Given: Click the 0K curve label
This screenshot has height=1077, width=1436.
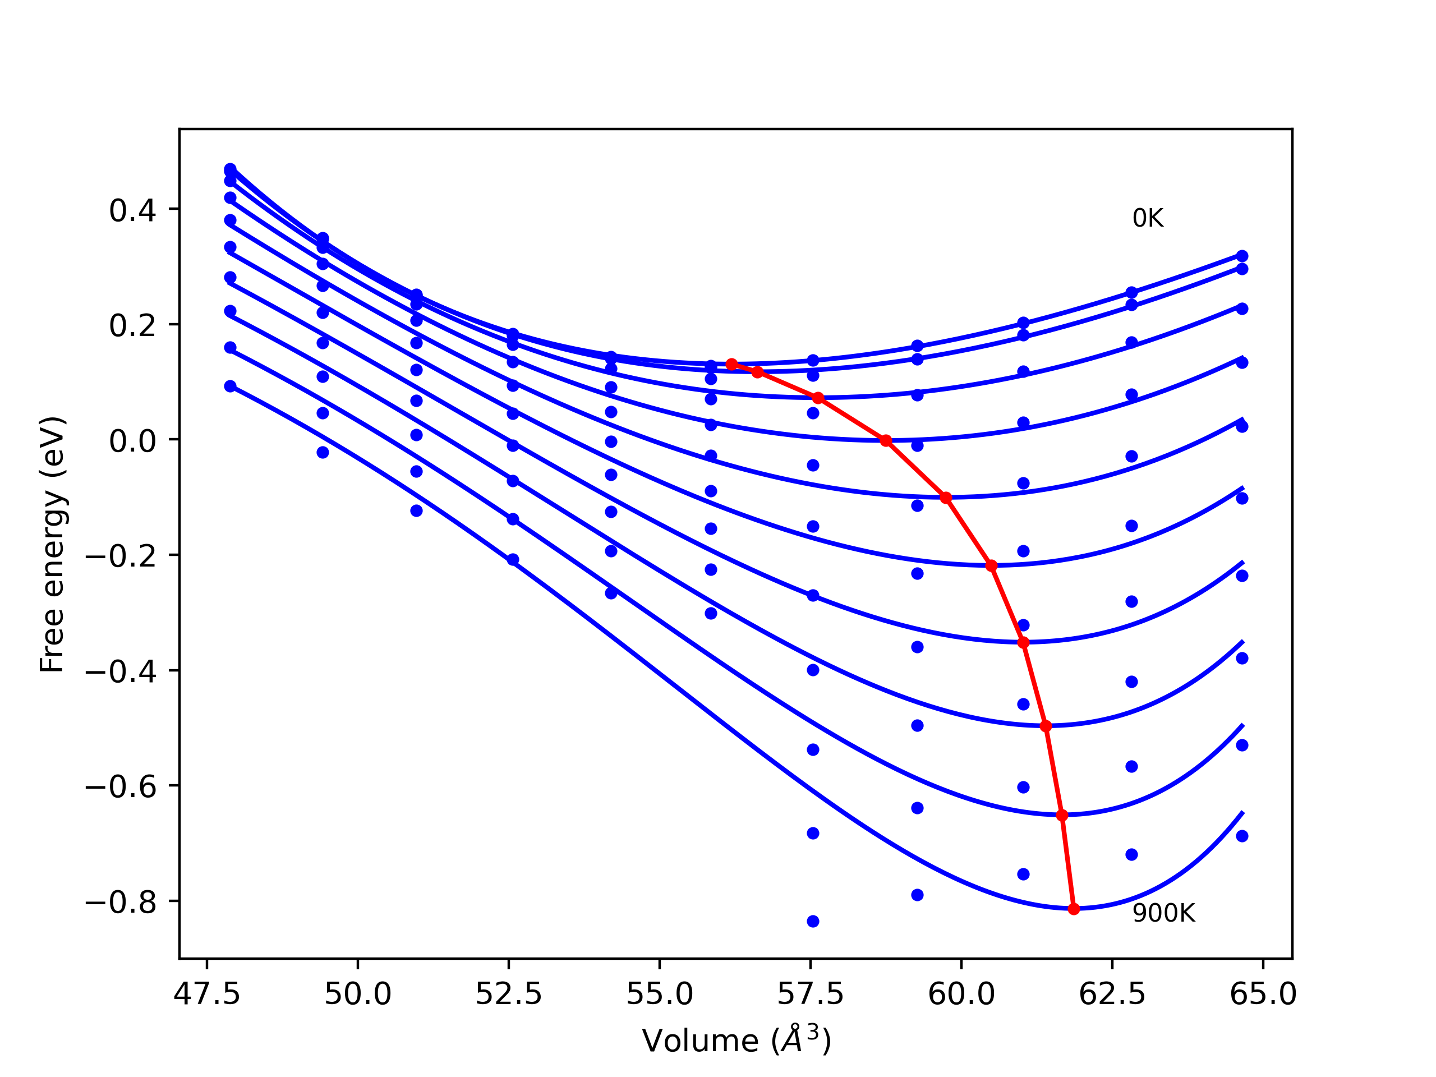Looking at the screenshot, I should [x=1147, y=219].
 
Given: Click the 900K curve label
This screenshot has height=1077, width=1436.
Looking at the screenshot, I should [x=1163, y=913].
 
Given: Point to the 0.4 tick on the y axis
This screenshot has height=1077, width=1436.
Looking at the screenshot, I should [x=132, y=210].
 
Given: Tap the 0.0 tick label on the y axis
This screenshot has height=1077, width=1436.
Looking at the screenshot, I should [x=132, y=441].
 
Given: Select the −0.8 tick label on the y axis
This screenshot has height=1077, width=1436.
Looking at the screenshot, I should [x=121, y=903].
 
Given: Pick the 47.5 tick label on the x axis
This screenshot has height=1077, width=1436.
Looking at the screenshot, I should [x=206, y=995].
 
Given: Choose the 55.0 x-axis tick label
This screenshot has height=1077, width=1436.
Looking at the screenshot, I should [x=659, y=995].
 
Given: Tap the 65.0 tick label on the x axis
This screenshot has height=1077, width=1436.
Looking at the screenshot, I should [x=1263, y=995].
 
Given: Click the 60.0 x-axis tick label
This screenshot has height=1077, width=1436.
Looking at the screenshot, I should [x=961, y=995].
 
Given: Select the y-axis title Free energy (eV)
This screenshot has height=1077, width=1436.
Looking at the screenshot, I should [x=52, y=544].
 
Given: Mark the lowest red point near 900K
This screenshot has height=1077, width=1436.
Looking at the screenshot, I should [x=1074, y=909].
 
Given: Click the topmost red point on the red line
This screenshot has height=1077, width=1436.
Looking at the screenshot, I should [x=731, y=364].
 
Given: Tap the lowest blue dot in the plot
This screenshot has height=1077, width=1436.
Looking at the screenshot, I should [x=813, y=921].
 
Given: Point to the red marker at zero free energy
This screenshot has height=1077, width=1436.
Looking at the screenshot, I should [x=886, y=441].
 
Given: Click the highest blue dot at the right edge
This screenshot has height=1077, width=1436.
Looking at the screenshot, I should [x=1242, y=256].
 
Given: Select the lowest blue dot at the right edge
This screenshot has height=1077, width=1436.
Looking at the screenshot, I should [x=1242, y=836].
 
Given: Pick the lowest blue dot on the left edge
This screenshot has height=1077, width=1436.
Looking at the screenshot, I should [x=230, y=386].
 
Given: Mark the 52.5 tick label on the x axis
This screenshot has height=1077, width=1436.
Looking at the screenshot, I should [x=508, y=995].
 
